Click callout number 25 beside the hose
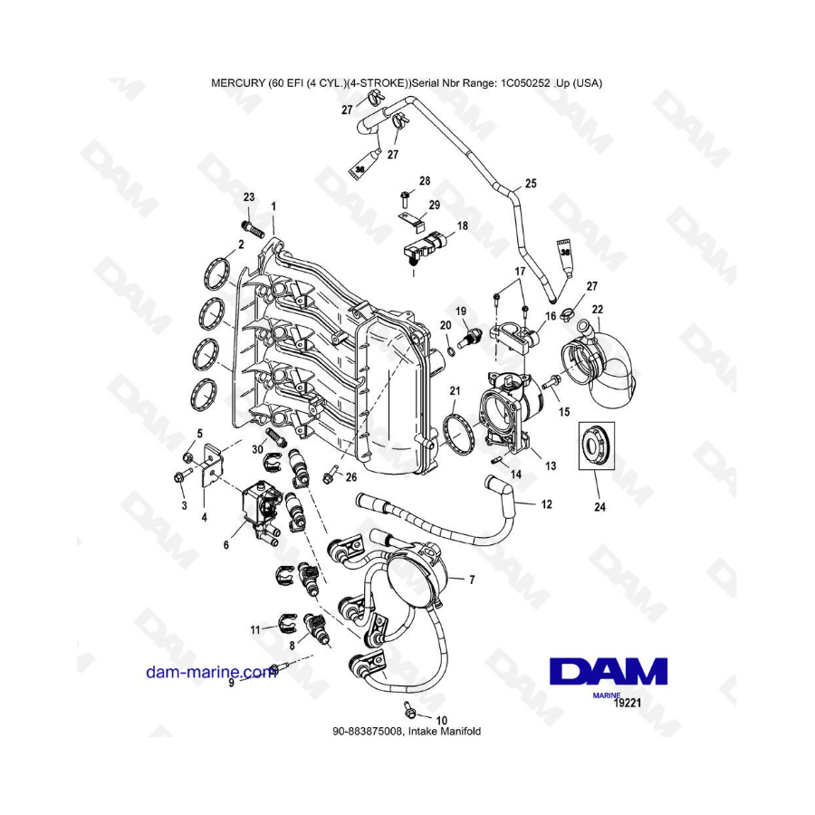(531, 184)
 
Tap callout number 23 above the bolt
(249, 197)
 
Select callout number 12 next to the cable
(546, 504)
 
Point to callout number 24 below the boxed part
(599, 507)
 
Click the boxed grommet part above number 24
(597, 446)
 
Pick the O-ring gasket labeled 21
(460, 432)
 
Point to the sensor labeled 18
(425, 247)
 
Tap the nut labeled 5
(188, 457)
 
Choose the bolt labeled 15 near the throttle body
(551, 382)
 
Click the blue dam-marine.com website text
(211, 672)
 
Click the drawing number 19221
(628, 704)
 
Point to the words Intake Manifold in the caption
(445, 732)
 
